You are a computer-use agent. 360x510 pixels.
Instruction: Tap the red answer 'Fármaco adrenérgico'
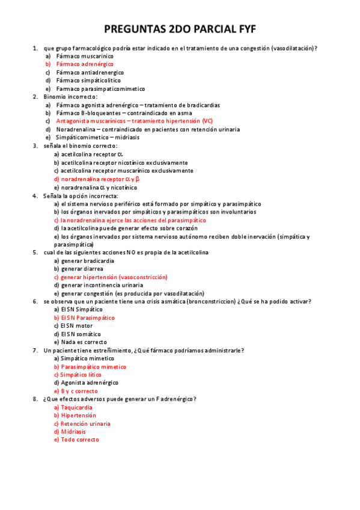[x=85, y=64]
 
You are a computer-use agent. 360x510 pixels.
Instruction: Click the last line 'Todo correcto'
[x=80, y=440]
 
